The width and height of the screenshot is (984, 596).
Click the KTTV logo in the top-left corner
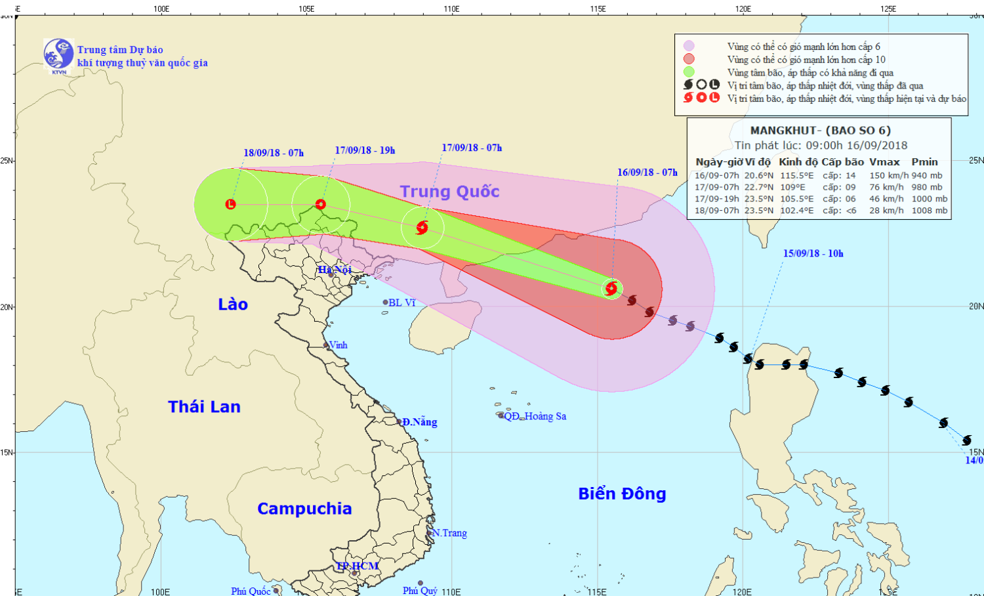coord(58,54)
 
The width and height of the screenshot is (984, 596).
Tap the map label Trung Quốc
coord(449,192)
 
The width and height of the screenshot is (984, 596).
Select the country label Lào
coord(233,305)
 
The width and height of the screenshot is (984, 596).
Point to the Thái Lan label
coord(204,407)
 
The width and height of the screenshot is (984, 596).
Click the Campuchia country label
coord(304,509)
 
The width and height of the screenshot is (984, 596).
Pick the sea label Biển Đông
coord(622,494)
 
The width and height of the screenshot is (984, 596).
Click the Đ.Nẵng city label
coord(419,422)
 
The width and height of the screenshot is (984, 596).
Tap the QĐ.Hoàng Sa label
coord(535,416)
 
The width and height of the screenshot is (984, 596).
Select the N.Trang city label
coord(450,533)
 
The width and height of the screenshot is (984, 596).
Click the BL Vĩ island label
coord(401,303)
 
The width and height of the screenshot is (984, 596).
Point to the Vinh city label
coord(338,345)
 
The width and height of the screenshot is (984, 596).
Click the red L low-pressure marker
coord(230,204)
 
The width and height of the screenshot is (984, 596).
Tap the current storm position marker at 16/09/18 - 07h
coord(611,288)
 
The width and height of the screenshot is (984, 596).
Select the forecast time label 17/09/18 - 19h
coord(365,150)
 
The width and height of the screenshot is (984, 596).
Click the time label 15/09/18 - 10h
coord(813,253)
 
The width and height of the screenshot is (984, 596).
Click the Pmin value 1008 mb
coord(929,211)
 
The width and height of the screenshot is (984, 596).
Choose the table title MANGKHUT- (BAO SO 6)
coord(820,130)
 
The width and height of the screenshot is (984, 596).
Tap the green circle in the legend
coord(689,72)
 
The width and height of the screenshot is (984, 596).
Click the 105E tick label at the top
coord(306,9)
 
